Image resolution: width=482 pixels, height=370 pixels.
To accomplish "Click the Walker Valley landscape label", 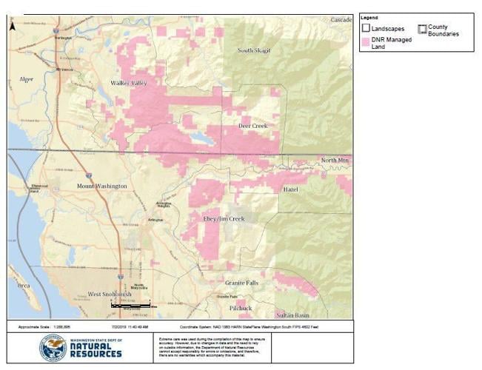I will tap(129, 83).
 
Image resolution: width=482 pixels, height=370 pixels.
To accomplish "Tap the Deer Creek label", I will tap(252, 126).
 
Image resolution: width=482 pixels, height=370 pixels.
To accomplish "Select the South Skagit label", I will tap(254, 50).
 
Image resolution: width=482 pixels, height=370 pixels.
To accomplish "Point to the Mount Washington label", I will tap(102, 186).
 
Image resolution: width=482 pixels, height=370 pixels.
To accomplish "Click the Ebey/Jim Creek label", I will tap(224, 219).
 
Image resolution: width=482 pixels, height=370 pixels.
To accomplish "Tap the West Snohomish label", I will tap(110, 294).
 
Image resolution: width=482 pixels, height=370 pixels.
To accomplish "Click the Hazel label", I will tap(290, 189).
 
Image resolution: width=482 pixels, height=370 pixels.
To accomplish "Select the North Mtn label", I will tap(334, 160).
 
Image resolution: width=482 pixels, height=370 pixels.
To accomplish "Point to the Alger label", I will tap(27, 78).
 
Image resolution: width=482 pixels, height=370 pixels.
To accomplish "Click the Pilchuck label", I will tap(241, 308).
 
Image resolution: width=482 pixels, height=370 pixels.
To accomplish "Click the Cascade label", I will tap(341, 19).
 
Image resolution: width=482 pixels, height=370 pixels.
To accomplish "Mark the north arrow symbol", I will tap(13, 26).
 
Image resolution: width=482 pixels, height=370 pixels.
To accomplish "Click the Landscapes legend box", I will tap(366, 28).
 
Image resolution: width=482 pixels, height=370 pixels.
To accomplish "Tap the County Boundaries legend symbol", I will tap(422, 30).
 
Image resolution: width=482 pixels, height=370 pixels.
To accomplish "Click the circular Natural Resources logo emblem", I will tap(53, 348).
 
